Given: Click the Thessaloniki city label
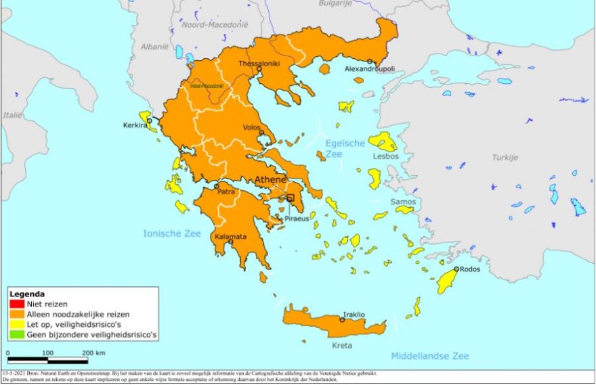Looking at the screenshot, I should [259, 64].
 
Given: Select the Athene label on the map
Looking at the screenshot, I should [270, 179].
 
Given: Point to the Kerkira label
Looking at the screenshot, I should [134, 125].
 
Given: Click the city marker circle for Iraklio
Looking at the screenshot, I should [342, 319].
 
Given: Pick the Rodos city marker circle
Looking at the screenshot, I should [456, 269].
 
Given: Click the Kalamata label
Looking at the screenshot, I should [230, 237].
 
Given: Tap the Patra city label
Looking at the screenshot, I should [225, 192].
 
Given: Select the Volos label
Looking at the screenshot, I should [253, 127].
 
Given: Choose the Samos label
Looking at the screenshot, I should [402, 202].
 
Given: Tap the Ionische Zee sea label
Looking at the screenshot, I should [172, 233].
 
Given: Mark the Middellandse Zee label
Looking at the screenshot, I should [429, 356].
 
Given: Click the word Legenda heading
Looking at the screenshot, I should [27, 294].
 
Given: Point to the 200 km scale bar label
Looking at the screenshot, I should [94, 353].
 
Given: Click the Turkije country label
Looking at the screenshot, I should [505, 157].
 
